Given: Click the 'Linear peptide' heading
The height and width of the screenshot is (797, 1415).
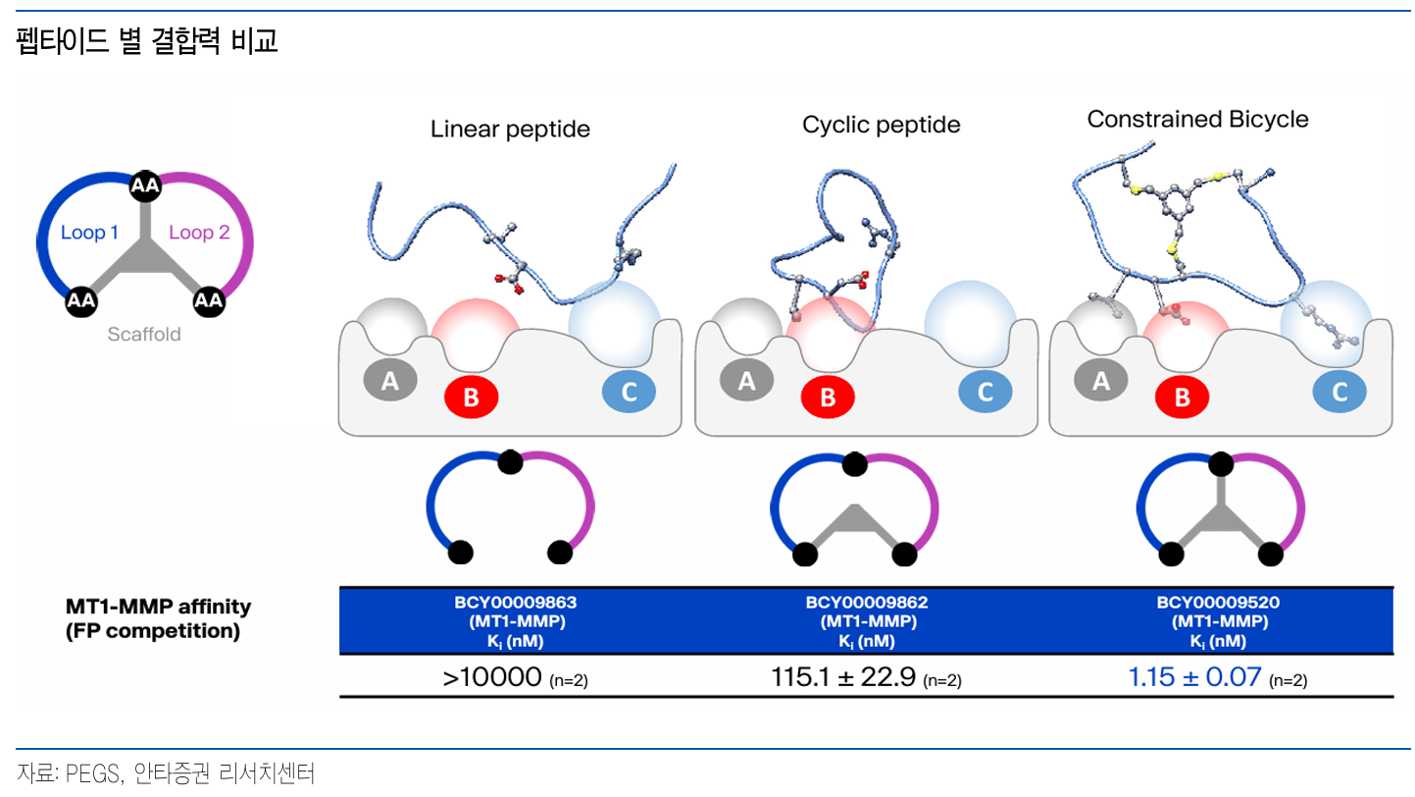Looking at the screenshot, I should (510, 129).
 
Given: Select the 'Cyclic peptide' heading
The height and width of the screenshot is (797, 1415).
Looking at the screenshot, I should (881, 125).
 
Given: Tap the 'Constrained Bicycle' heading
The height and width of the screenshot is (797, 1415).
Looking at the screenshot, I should (1197, 120).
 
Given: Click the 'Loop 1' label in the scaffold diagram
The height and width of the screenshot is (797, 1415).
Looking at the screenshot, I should (89, 233).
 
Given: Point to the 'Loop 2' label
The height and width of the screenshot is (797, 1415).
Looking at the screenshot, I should (199, 233).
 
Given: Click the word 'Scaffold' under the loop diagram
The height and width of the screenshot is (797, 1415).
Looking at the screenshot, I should (144, 334).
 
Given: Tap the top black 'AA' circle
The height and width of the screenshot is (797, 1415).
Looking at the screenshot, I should (145, 184).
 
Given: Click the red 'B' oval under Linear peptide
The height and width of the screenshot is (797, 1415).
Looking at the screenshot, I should (471, 398).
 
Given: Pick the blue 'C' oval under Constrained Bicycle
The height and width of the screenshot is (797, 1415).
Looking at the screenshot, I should (1339, 393).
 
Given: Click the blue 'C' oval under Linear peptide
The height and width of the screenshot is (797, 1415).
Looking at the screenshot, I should (629, 393).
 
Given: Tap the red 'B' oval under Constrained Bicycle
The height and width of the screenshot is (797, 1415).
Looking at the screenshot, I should (1182, 398).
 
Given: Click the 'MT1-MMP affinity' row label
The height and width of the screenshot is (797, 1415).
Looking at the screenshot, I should (159, 607).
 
